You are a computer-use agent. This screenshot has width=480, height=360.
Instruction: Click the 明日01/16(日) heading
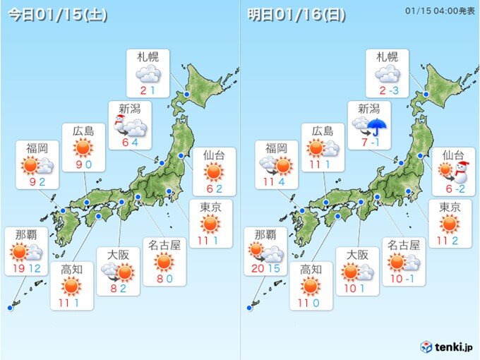tap(297, 16)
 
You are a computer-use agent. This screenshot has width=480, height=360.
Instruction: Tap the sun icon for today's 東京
tap(210, 225)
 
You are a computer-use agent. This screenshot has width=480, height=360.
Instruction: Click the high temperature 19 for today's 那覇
tap(17, 269)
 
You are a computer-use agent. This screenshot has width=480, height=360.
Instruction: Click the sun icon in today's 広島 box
tap(83, 148)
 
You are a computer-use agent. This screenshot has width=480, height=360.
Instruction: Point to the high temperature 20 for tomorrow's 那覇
tap(257, 269)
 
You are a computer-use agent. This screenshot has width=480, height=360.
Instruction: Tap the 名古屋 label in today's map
tap(164, 246)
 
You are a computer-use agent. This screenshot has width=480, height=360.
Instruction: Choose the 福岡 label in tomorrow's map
tap(277, 148)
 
